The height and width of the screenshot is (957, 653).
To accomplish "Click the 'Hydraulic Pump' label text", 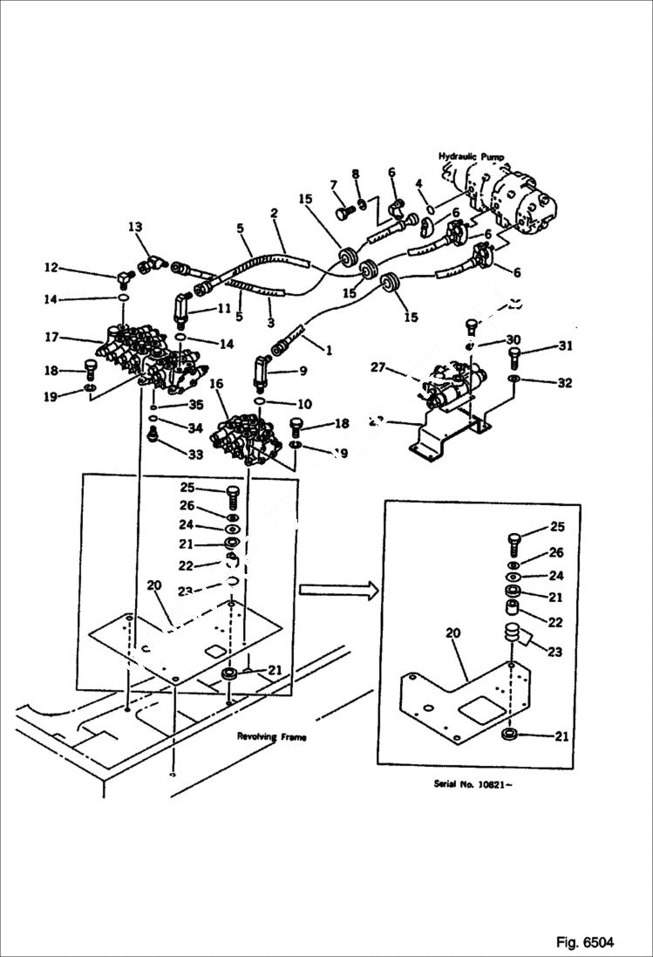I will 471,156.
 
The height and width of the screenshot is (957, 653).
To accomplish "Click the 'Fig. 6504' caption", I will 585,942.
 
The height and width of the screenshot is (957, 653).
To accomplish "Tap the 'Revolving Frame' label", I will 272,736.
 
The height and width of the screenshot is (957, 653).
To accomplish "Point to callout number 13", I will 135,228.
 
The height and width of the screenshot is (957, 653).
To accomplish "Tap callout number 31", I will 566,346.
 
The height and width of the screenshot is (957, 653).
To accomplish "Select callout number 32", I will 566,382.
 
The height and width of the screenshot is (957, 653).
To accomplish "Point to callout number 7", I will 333,185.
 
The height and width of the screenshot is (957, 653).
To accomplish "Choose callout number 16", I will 216,384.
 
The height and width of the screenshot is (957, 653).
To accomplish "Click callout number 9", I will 303,370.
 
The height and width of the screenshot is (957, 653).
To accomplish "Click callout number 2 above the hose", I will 273,213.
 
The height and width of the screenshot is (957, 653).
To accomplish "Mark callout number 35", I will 196,405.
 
